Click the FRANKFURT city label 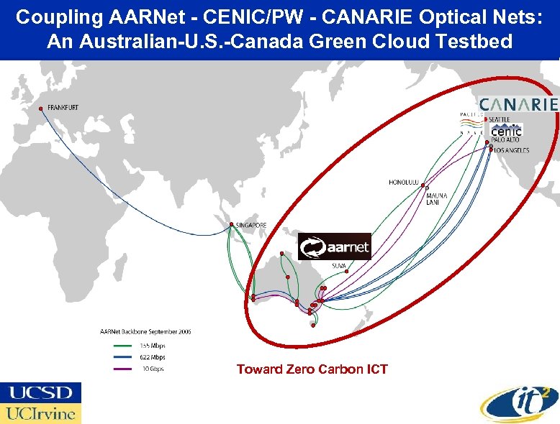pos(63,108)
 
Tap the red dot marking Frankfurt pos(42,109)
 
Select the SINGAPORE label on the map pos(252,225)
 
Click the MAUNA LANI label pos(436,199)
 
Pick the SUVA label pos(339,265)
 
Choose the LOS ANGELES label pos(512,150)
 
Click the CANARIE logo pos(518,104)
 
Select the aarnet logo pos(335,247)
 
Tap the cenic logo pos(506,132)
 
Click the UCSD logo pos(40,392)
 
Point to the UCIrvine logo pos(40,413)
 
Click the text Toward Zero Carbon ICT pos(312,369)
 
